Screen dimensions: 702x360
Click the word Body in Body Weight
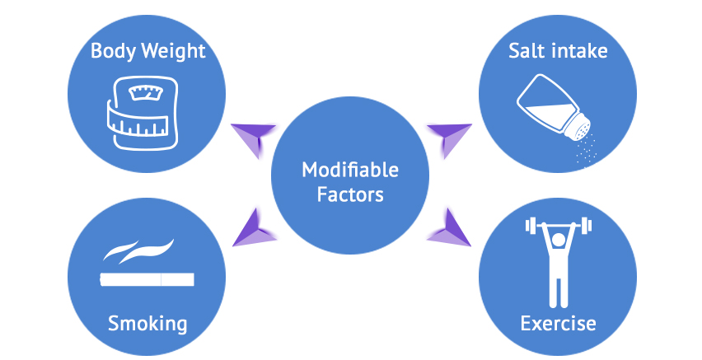[112, 50]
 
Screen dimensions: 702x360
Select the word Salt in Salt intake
[525, 50]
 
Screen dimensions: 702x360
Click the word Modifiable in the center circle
[350, 170]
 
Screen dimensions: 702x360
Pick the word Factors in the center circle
[350, 194]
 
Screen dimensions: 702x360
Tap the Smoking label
[147, 324]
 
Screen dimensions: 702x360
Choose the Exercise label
[558, 323]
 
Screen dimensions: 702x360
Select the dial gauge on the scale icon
[146, 93]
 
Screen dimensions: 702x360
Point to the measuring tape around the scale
[138, 123]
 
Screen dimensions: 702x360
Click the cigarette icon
[147, 279]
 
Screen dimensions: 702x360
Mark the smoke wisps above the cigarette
[138, 250]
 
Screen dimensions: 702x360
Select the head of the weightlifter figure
[558, 241]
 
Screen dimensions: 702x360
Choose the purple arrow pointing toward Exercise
[448, 228]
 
